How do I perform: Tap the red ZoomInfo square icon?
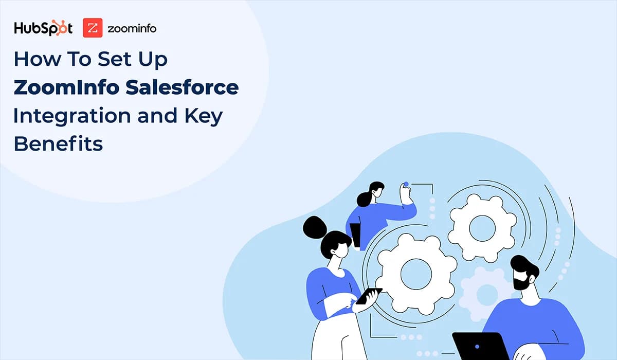93,28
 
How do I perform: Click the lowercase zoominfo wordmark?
132,29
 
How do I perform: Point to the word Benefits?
58,145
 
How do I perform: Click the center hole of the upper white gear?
482,227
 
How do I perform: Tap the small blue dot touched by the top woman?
406,184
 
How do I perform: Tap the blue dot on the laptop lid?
478,347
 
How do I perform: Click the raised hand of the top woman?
407,193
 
